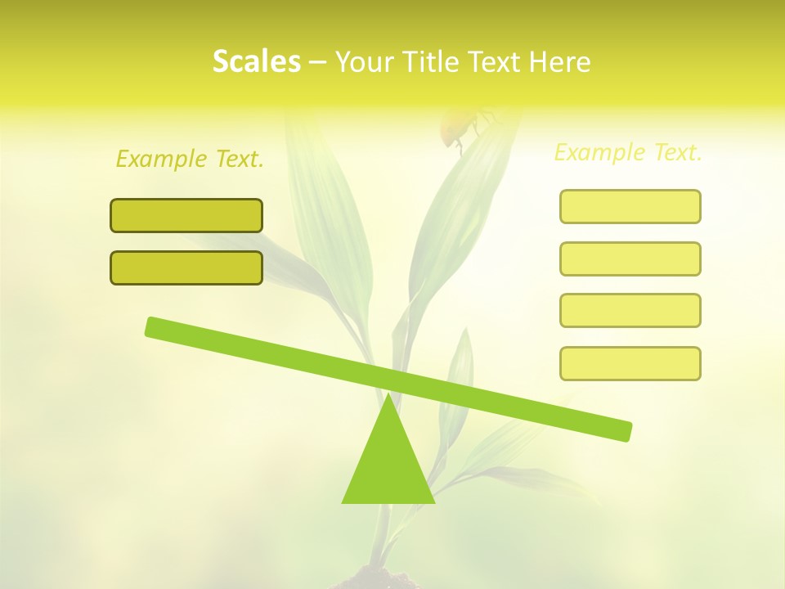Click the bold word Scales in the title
(256, 61)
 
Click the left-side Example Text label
(190, 159)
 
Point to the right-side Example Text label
(628, 152)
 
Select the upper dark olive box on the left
(186, 215)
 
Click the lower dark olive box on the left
(186, 268)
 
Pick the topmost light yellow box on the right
(630, 206)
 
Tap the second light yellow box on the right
(630, 259)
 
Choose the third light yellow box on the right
(630, 310)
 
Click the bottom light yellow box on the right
(630, 363)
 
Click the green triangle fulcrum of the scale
(388, 466)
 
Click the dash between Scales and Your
(318, 62)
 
